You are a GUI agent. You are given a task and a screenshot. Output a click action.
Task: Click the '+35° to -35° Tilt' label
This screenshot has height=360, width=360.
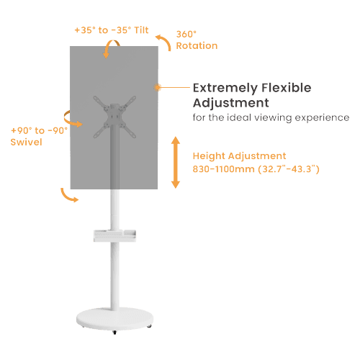112,30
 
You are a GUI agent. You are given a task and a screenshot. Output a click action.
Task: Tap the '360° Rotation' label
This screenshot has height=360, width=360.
197,40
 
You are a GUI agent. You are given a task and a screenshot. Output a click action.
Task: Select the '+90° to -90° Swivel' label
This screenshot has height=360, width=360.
39,136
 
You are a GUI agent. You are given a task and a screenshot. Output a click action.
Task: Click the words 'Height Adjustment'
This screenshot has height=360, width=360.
239,156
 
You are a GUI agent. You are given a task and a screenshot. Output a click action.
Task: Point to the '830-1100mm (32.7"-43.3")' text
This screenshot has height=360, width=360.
256,169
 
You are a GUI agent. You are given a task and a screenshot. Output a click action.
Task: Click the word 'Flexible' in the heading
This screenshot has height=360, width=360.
287,88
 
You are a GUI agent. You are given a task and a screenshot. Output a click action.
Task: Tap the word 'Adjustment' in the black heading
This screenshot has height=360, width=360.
231,103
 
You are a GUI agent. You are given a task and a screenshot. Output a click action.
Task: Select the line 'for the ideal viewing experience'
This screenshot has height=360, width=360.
271,118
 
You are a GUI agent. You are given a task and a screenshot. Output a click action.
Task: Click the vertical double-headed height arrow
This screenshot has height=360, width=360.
176,163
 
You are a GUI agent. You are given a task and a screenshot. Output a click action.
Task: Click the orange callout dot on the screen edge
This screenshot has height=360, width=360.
158,87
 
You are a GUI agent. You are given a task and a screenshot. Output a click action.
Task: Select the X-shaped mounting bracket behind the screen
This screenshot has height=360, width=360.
114,117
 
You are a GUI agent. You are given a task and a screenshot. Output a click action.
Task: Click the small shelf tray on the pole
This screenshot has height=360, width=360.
114,235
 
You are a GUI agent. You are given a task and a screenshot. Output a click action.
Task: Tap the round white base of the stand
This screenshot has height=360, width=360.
114,319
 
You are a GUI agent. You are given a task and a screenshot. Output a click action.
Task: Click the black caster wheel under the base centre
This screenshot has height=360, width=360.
114,333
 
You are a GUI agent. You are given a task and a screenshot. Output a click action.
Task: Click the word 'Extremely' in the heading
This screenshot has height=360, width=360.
225,88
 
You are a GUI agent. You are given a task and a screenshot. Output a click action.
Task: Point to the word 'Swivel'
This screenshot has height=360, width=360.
26,142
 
